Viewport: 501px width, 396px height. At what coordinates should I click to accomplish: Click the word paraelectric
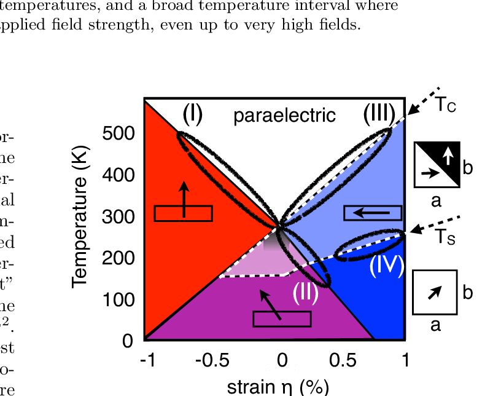point(284,115)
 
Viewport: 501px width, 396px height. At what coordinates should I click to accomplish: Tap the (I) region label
point(192,114)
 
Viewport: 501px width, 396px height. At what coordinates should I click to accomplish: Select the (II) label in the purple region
point(305,293)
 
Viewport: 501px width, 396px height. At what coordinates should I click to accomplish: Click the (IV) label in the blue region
point(386,266)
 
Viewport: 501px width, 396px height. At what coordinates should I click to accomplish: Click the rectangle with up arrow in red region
point(183,212)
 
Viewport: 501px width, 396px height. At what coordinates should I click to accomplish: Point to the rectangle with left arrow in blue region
point(373,213)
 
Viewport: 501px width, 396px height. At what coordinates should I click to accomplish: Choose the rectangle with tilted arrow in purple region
point(282,319)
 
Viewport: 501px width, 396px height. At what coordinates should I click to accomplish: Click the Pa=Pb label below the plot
point(276,366)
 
